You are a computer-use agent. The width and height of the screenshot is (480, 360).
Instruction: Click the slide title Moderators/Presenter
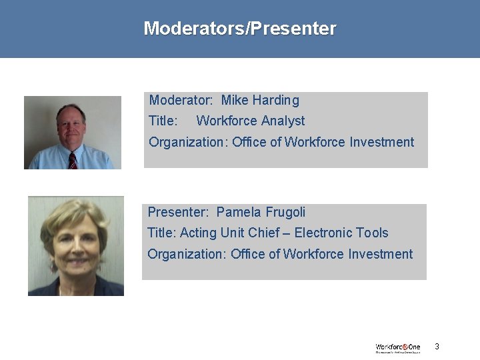[x=240, y=29]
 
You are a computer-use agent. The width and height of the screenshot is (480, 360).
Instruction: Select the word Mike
[x=234, y=101]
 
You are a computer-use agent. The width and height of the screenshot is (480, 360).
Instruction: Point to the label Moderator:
[x=181, y=101]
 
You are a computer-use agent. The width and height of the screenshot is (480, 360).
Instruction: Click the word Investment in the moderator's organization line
[x=381, y=142]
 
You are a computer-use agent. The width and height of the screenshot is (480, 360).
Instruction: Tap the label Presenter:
[x=178, y=213]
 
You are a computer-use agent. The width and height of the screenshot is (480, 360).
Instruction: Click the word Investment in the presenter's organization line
[x=380, y=254]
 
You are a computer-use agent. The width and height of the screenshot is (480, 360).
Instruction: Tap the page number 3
[x=437, y=346]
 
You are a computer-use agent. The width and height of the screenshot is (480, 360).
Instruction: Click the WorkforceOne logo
[x=398, y=347]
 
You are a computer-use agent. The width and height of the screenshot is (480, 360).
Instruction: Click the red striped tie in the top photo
[x=73, y=161]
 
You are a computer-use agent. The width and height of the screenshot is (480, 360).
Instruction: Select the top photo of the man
[x=73, y=132]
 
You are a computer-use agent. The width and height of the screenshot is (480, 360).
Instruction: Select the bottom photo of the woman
[x=75, y=245]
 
